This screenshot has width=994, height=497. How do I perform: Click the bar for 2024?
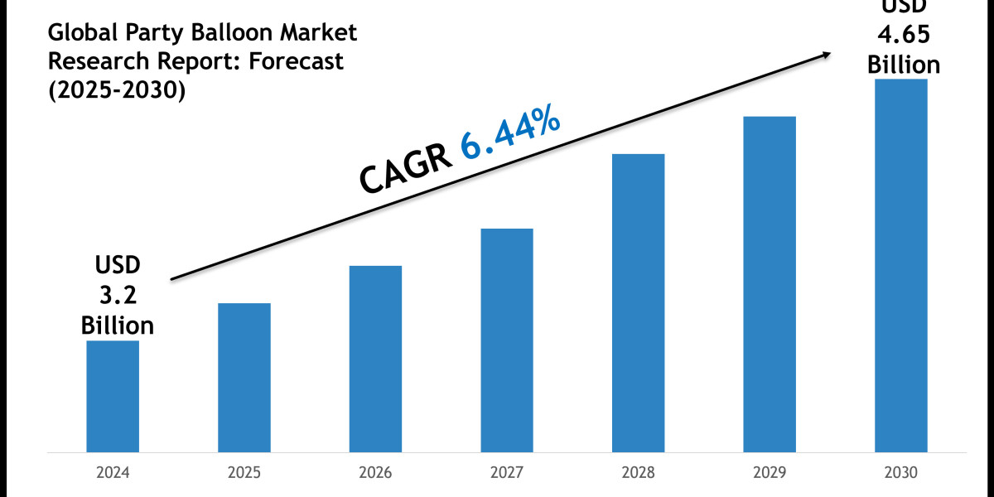pyautogui.click(x=113, y=396)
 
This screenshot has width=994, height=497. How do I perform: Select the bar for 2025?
pyautogui.click(x=244, y=378)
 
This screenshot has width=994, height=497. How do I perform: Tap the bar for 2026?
pyautogui.click(x=375, y=359)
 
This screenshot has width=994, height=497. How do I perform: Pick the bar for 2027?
pyautogui.click(x=507, y=340)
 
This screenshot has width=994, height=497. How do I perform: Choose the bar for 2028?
pyautogui.click(x=638, y=302)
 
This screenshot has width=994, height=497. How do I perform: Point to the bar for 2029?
pyautogui.click(x=770, y=284)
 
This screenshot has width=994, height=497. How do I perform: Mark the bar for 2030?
pyautogui.click(x=900, y=265)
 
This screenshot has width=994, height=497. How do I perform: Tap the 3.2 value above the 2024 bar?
pyautogui.click(x=117, y=295)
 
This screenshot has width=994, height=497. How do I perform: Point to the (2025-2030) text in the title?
pyautogui.click(x=116, y=90)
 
